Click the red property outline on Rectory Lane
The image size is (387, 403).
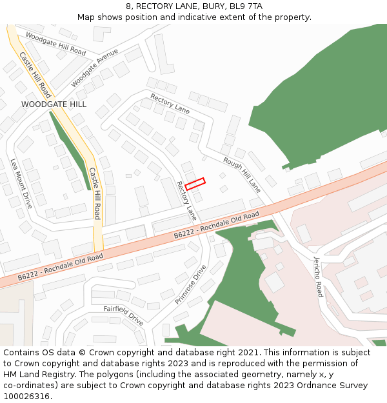point(195,183)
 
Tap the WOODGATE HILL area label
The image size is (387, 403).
point(54,104)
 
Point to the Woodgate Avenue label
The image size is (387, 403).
point(95,68)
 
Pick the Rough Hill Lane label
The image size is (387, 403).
point(242,175)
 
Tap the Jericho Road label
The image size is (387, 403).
point(318,277)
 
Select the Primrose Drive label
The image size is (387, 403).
point(190,284)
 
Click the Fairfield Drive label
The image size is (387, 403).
point(124,315)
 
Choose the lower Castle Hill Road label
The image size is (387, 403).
point(95,193)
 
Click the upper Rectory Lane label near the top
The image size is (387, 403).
point(170,104)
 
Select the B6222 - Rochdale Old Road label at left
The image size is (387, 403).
point(60,267)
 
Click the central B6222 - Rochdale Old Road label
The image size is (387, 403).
point(216,225)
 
